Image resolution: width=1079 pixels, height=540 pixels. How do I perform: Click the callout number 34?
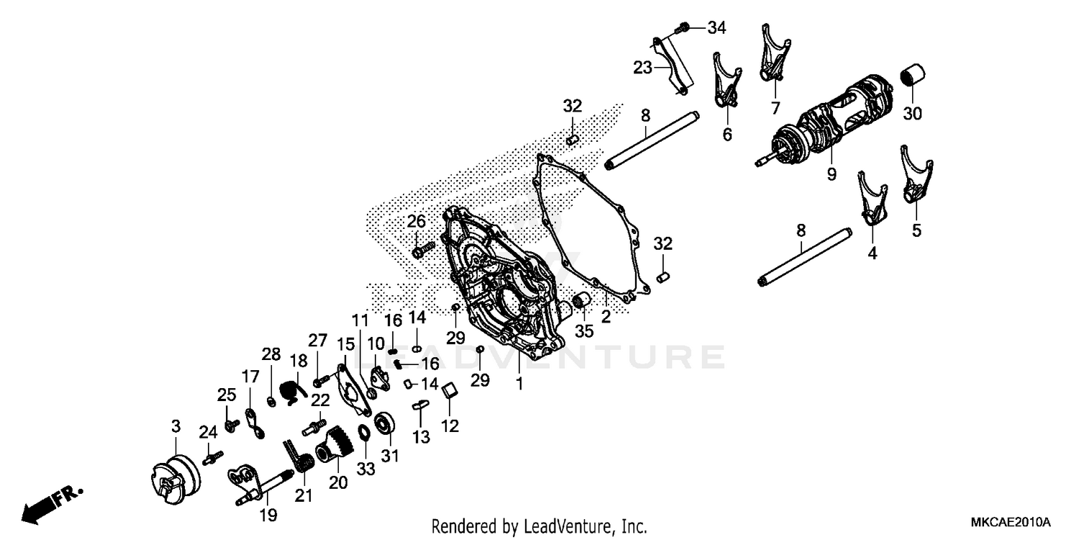click(x=716, y=29)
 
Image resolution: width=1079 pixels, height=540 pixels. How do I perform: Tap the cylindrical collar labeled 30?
click(x=913, y=76)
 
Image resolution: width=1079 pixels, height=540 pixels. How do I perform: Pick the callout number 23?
click(x=642, y=68)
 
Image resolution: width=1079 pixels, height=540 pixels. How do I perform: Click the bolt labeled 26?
click(x=423, y=251)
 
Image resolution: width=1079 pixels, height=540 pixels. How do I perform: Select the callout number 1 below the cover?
click(x=519, y=384)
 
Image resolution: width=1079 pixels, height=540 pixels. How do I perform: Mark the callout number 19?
click(x=268, y=515)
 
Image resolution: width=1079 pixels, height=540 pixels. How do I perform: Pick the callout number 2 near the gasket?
click(x=606, y=317)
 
